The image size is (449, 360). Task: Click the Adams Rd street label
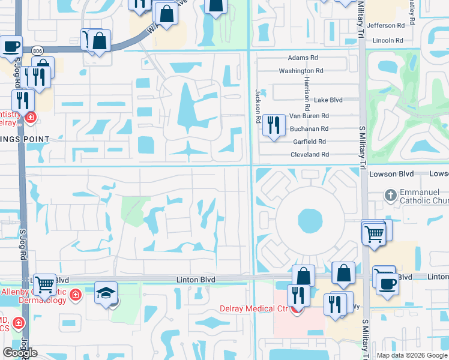click(x=303, y=58)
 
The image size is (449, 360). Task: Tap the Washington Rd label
click(x=301, y=71)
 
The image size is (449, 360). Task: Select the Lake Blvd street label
click(x=328, y=100)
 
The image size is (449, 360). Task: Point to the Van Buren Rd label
click(x=309, y=116)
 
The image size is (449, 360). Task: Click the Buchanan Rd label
click(x=309, y=129)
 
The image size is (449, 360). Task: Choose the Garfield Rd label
click(x=309, y=142)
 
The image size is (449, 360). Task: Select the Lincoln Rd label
click(x=387, y=40)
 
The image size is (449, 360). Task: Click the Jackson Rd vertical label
click(x=258, y=106)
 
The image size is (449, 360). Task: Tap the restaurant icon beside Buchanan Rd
click(x=274, y=125)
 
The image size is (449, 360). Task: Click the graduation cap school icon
click(x=106, y=293)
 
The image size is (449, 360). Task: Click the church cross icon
click(x=390, y=194)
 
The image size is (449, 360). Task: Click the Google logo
click(x=20, y=353)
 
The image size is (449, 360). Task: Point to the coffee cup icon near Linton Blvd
click(x=388, y=283)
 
